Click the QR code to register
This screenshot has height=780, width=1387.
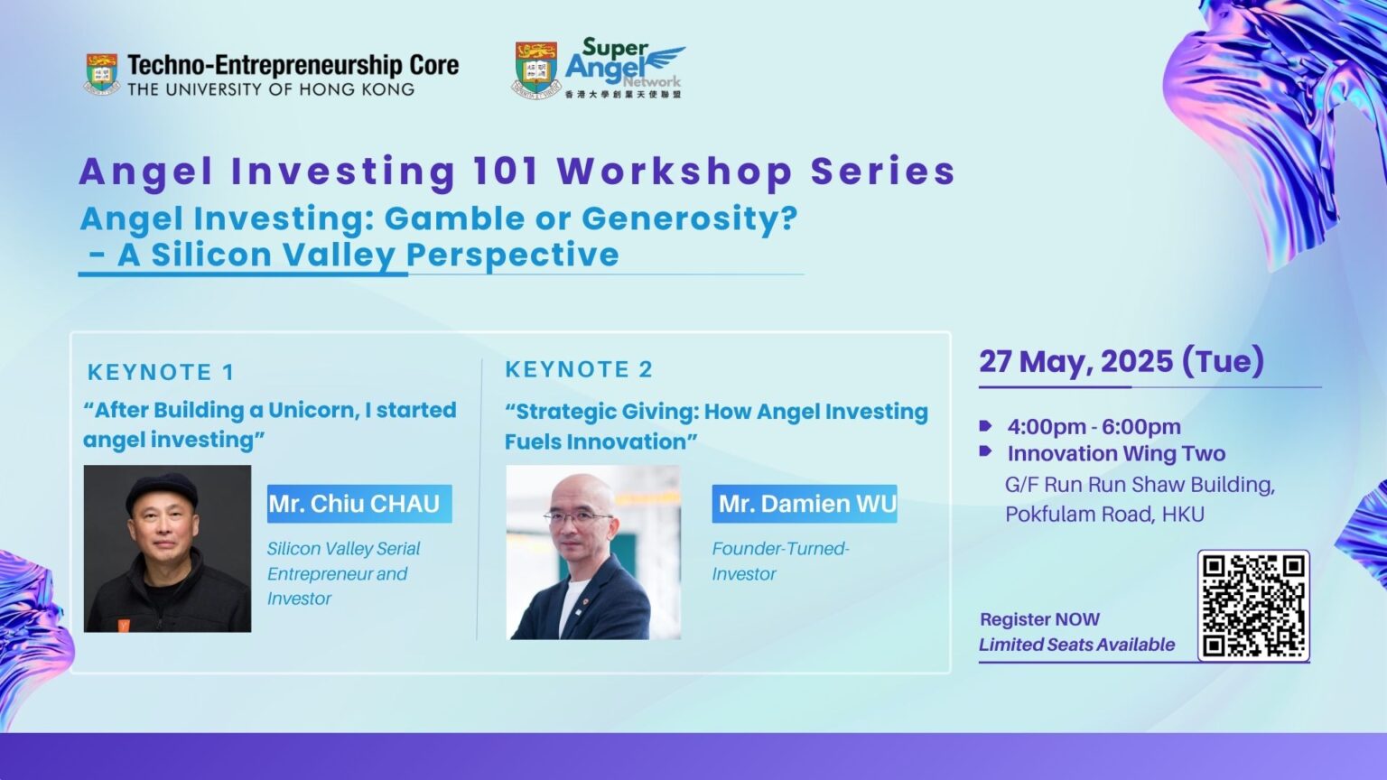1253,606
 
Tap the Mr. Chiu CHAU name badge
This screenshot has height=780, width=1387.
359,504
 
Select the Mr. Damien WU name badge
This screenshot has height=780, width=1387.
805,503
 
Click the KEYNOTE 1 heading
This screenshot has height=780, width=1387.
161,372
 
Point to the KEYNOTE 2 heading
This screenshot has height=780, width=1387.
579,369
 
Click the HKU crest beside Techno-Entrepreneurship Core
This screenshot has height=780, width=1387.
101,74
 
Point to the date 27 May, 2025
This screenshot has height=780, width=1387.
1076,361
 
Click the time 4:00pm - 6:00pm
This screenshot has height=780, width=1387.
1094,427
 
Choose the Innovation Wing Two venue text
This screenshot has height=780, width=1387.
1116,454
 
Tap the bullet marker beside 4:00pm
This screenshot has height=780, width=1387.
985,426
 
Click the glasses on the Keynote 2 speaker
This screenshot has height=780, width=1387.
578,517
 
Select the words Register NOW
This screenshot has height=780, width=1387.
1039,619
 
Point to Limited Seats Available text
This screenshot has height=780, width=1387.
1076,645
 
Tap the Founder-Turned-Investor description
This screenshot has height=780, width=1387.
781,562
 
